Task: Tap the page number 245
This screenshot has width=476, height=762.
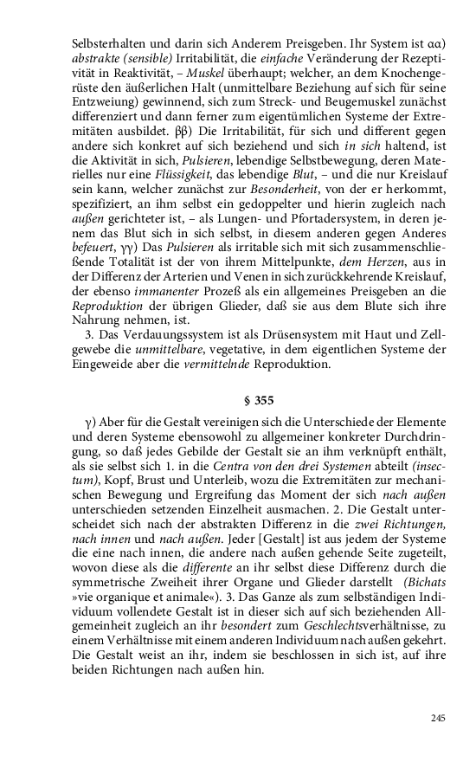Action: coord(437,718)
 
